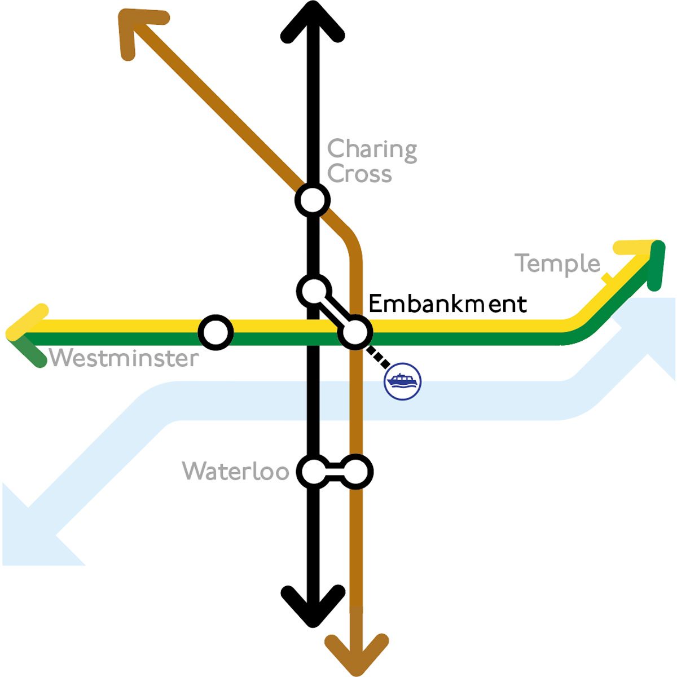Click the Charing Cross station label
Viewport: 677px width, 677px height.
point(371,161)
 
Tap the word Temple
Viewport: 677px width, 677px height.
point(557,264)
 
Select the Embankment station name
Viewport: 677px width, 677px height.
point(447,304)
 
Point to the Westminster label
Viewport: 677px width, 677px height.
point(124,358)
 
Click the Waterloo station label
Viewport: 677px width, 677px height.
point(236,471)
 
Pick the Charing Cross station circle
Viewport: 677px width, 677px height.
point(312,200)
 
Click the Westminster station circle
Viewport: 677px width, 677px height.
point(216,333)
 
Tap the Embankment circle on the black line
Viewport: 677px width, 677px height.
point(313,291)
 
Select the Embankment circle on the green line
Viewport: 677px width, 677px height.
point(355,333)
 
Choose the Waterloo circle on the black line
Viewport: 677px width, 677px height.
point(313,472)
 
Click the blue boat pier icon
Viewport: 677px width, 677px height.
point(403,382)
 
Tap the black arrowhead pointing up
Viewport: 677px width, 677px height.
point(312,23)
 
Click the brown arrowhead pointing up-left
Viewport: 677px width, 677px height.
point(135,28)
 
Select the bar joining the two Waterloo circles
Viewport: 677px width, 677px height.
point(335,472)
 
